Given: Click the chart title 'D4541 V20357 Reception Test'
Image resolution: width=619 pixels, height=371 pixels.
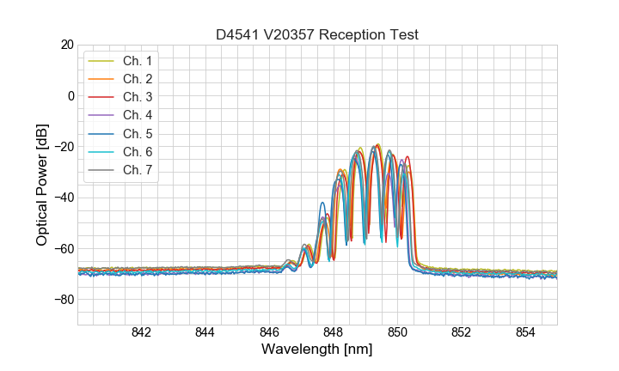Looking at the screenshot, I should tap(317, 34).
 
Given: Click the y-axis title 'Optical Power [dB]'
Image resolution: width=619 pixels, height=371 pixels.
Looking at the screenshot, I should tap(42, 185).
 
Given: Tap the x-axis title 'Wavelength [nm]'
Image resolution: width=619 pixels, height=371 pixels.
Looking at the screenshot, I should tap(317, 350).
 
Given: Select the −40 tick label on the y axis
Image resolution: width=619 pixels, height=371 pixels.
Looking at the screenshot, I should tap(64, 198).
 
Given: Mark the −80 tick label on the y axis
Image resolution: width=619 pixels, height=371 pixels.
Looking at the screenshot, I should tap(64, 300).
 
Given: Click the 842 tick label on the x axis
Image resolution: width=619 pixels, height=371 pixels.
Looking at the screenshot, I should tap(141, 333).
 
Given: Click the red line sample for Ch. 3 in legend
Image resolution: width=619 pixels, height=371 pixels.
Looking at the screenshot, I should tap(101, 97).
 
